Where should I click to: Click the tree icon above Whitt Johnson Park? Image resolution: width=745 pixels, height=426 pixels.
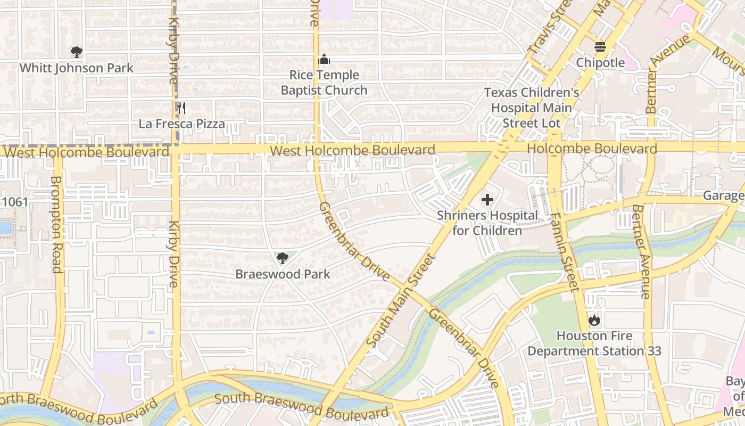pos(77,52)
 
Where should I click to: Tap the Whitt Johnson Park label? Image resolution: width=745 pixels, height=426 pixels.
pos(77,68)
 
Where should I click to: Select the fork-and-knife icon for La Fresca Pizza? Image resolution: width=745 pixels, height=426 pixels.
pos(181,108)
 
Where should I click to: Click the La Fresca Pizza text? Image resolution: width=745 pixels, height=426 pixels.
pos(181,124)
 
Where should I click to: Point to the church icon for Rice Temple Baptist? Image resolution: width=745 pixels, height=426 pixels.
pos(324,59)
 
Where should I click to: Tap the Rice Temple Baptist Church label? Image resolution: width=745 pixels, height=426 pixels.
pos(324,83)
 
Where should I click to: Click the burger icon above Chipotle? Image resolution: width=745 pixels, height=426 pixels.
pos(600,47)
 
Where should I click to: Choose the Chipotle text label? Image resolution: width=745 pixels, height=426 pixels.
pos(600,63)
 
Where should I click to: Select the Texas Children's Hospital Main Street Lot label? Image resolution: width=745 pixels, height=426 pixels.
pos(531,108)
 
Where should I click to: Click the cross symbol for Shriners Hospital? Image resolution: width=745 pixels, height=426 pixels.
pos(487,200)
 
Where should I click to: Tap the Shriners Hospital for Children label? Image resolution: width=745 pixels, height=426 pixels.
pos(487,223)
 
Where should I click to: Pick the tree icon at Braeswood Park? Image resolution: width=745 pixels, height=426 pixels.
pos(283,259)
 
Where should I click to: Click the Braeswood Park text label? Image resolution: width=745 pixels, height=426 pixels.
pos(283,274)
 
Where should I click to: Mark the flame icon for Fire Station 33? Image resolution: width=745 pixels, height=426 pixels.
pos(594,320)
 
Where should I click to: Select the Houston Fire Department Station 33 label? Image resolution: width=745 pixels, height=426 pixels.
pos(594,343)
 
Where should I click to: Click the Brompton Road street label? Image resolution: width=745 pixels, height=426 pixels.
pos(56,224)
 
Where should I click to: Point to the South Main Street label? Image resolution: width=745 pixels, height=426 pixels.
pos(401,300)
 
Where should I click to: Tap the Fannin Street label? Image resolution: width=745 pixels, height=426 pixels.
pos(564,252)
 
